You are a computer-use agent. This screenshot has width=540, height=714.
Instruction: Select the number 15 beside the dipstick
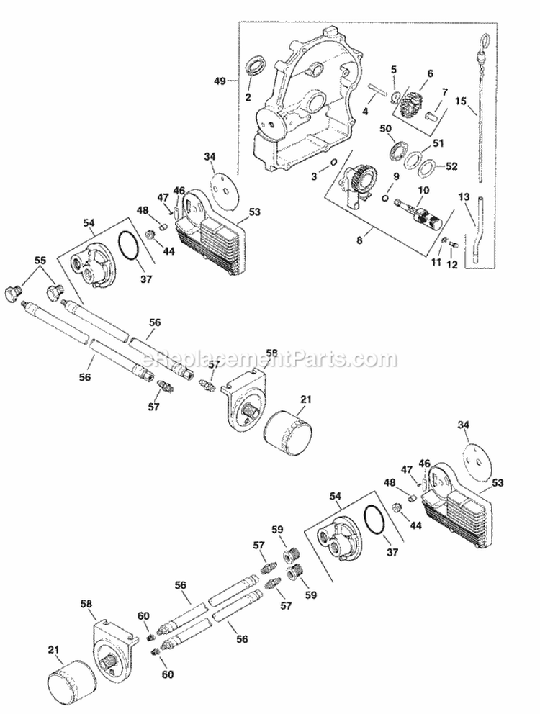coord(462,101)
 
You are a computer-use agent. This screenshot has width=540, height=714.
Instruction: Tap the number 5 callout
coord(394,70)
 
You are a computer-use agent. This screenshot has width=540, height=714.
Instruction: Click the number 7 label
coord(444,91)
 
